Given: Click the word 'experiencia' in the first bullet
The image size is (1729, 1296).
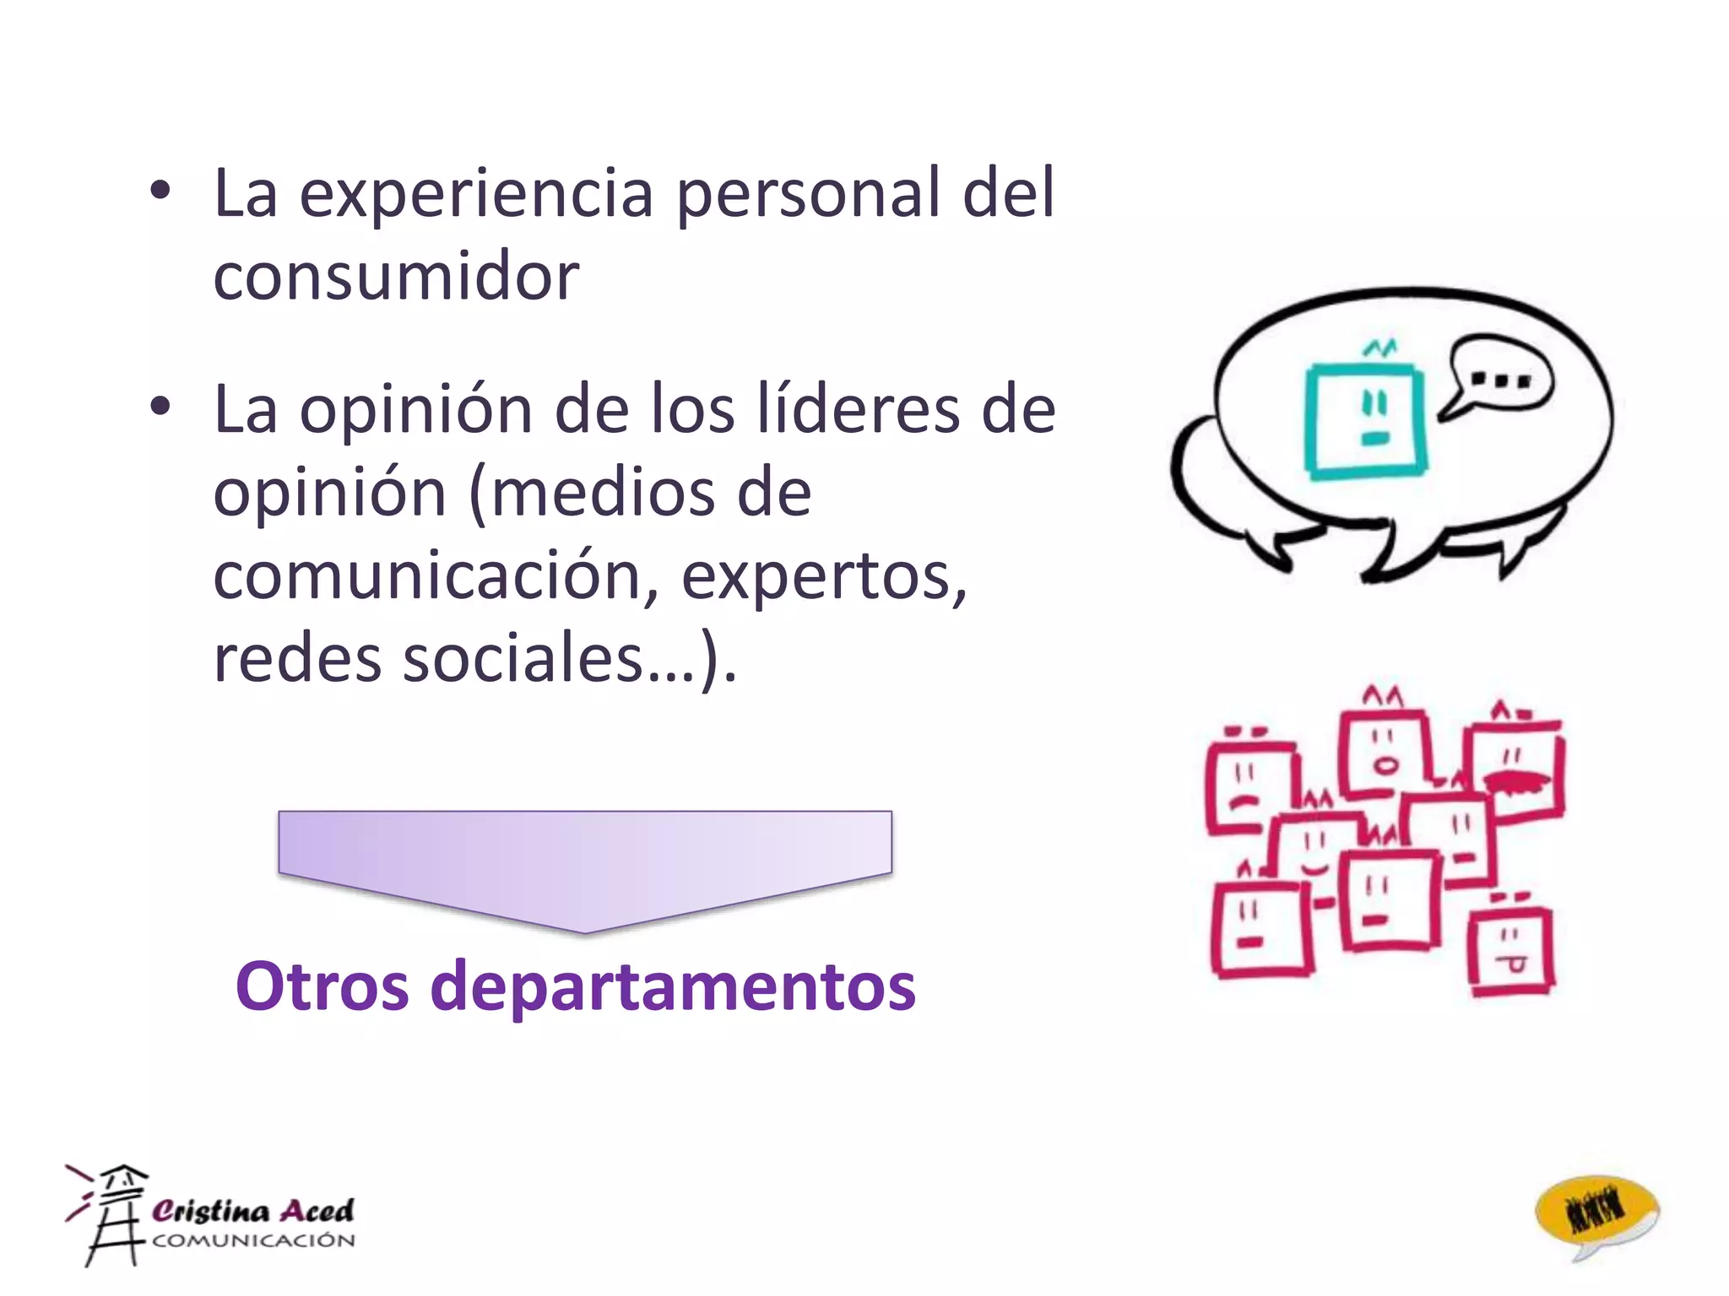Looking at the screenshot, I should (x=476, y=194).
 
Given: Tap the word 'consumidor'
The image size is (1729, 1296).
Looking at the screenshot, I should (x=396, y=276).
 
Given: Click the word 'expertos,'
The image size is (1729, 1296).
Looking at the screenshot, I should (x=824, y=578).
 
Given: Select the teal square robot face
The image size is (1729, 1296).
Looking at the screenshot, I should (x=1365, y=418).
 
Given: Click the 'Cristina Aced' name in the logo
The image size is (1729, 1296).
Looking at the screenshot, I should (x=252, y=1211).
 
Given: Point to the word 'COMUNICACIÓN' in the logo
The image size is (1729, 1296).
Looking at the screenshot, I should (x=253, y=1240).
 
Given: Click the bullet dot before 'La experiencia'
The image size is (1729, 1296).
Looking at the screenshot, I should (x=160, y=192).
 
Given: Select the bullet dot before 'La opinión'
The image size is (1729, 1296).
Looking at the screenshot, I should (x=160, y=408).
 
